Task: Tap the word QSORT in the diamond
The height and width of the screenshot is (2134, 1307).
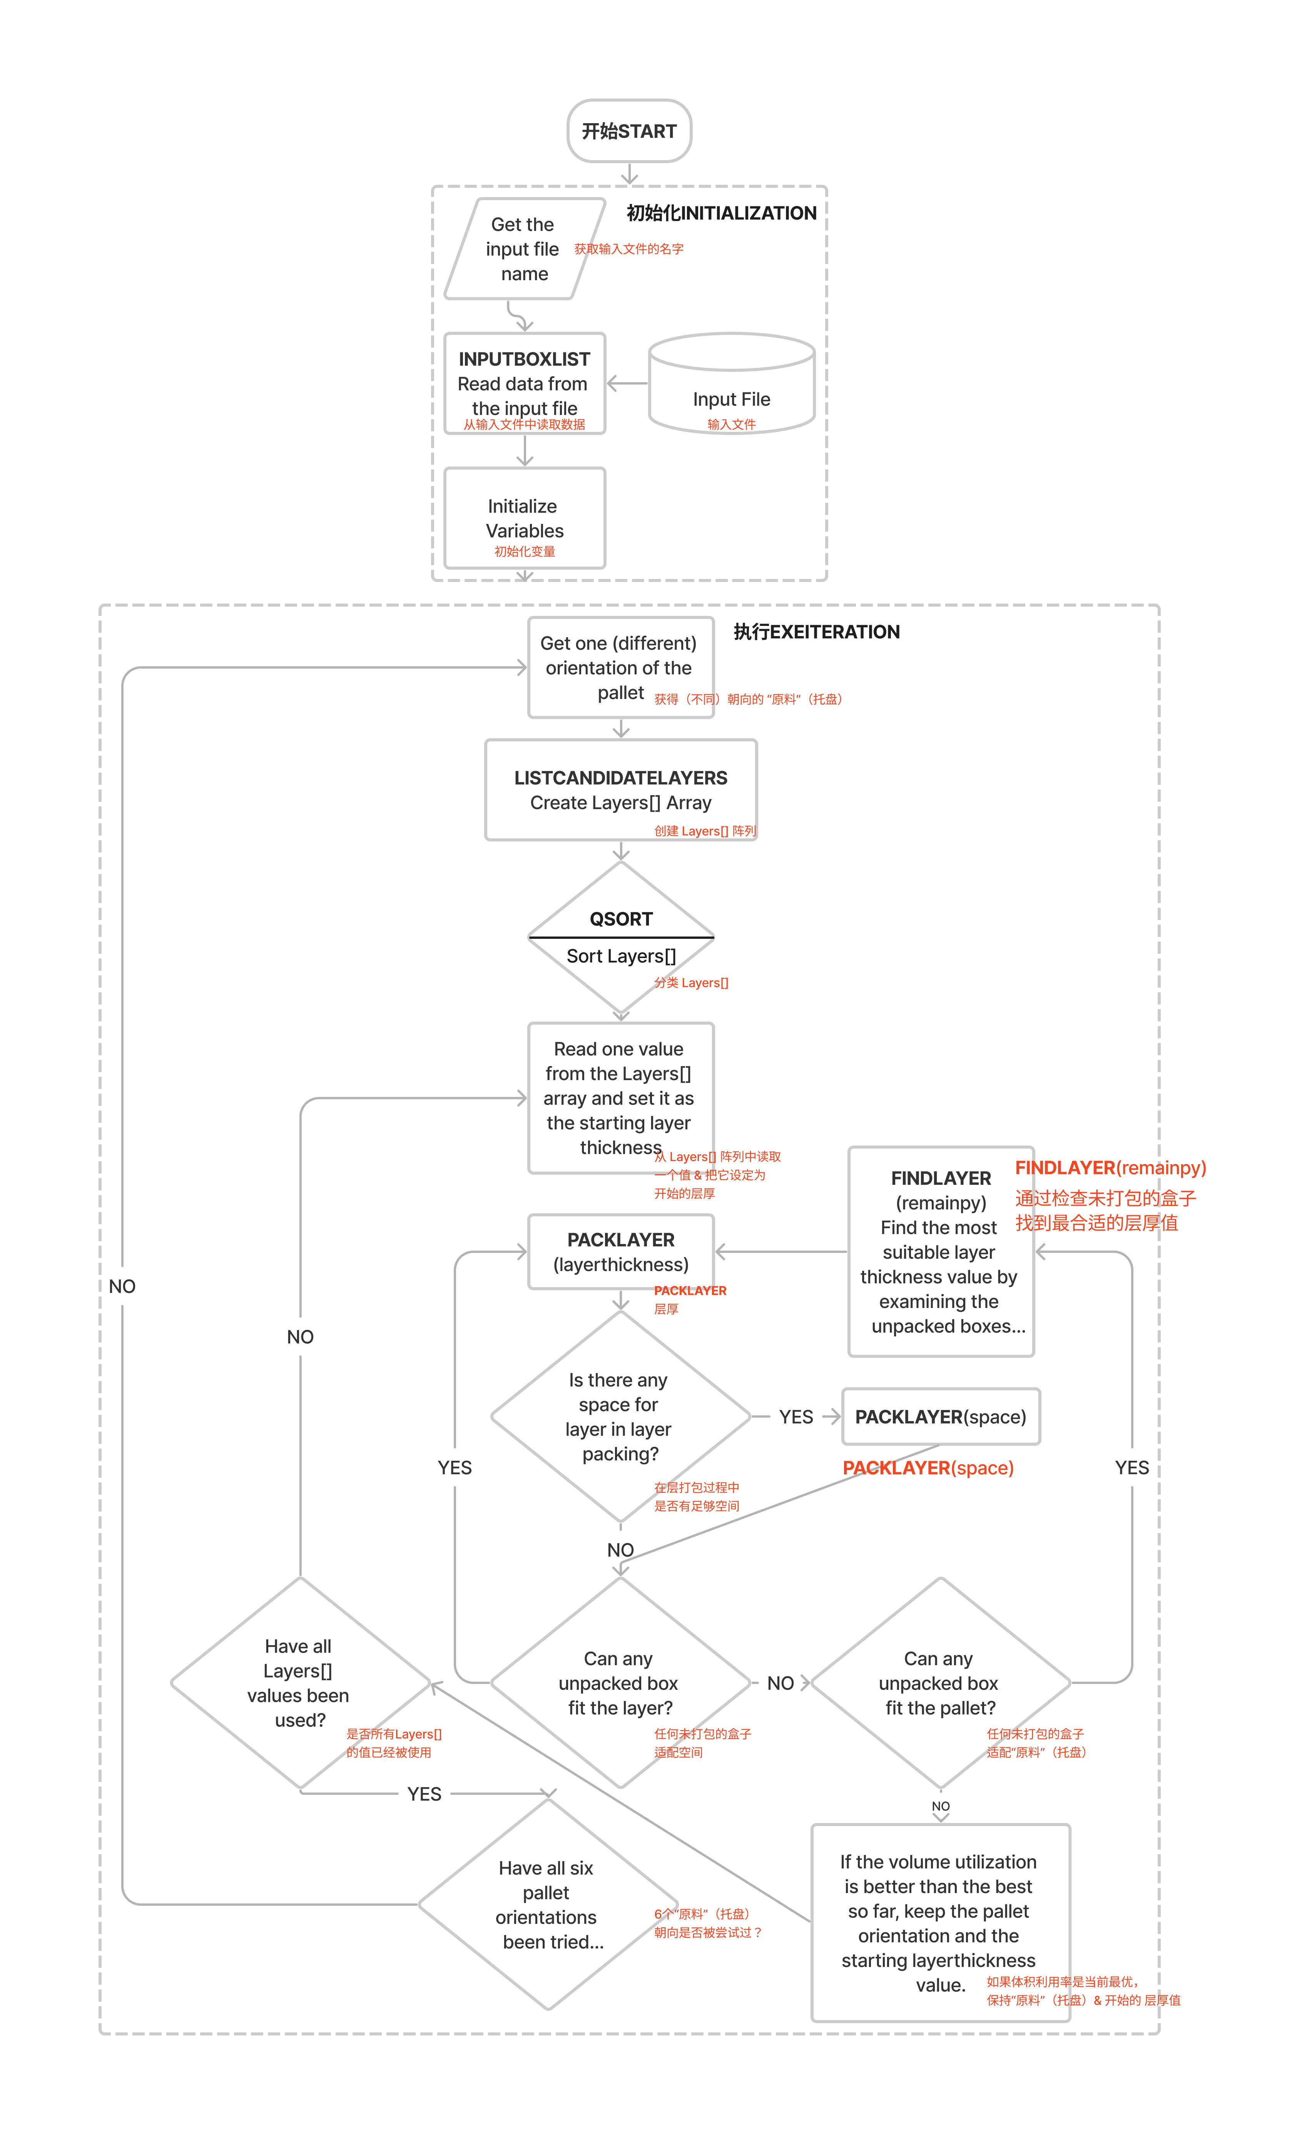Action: pos(621,919)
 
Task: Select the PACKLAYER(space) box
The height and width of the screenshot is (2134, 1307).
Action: pos(941,1417)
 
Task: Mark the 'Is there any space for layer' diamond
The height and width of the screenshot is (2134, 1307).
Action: pos(620,1417)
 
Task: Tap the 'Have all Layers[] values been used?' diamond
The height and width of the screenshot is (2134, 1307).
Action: pos(300,1683)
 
